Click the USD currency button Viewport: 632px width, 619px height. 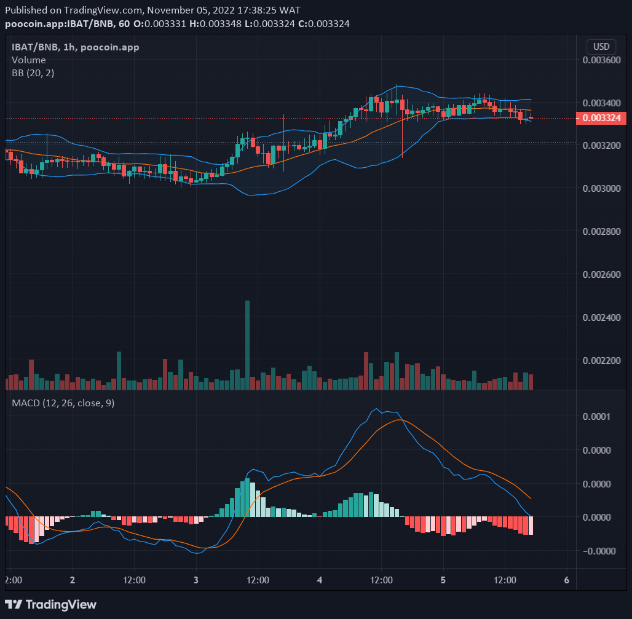601,47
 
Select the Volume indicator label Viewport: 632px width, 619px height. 29,60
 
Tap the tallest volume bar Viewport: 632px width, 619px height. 247,344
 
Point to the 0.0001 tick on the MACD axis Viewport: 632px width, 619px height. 597,417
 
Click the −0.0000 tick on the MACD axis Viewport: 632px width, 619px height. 594,551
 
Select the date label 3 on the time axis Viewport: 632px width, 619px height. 196,580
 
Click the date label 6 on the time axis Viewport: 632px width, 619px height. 566,580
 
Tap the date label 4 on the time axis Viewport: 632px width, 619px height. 320,580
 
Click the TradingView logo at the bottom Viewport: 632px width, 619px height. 50,604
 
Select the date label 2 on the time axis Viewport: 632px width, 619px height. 73,580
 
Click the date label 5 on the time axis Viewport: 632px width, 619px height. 443,580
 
